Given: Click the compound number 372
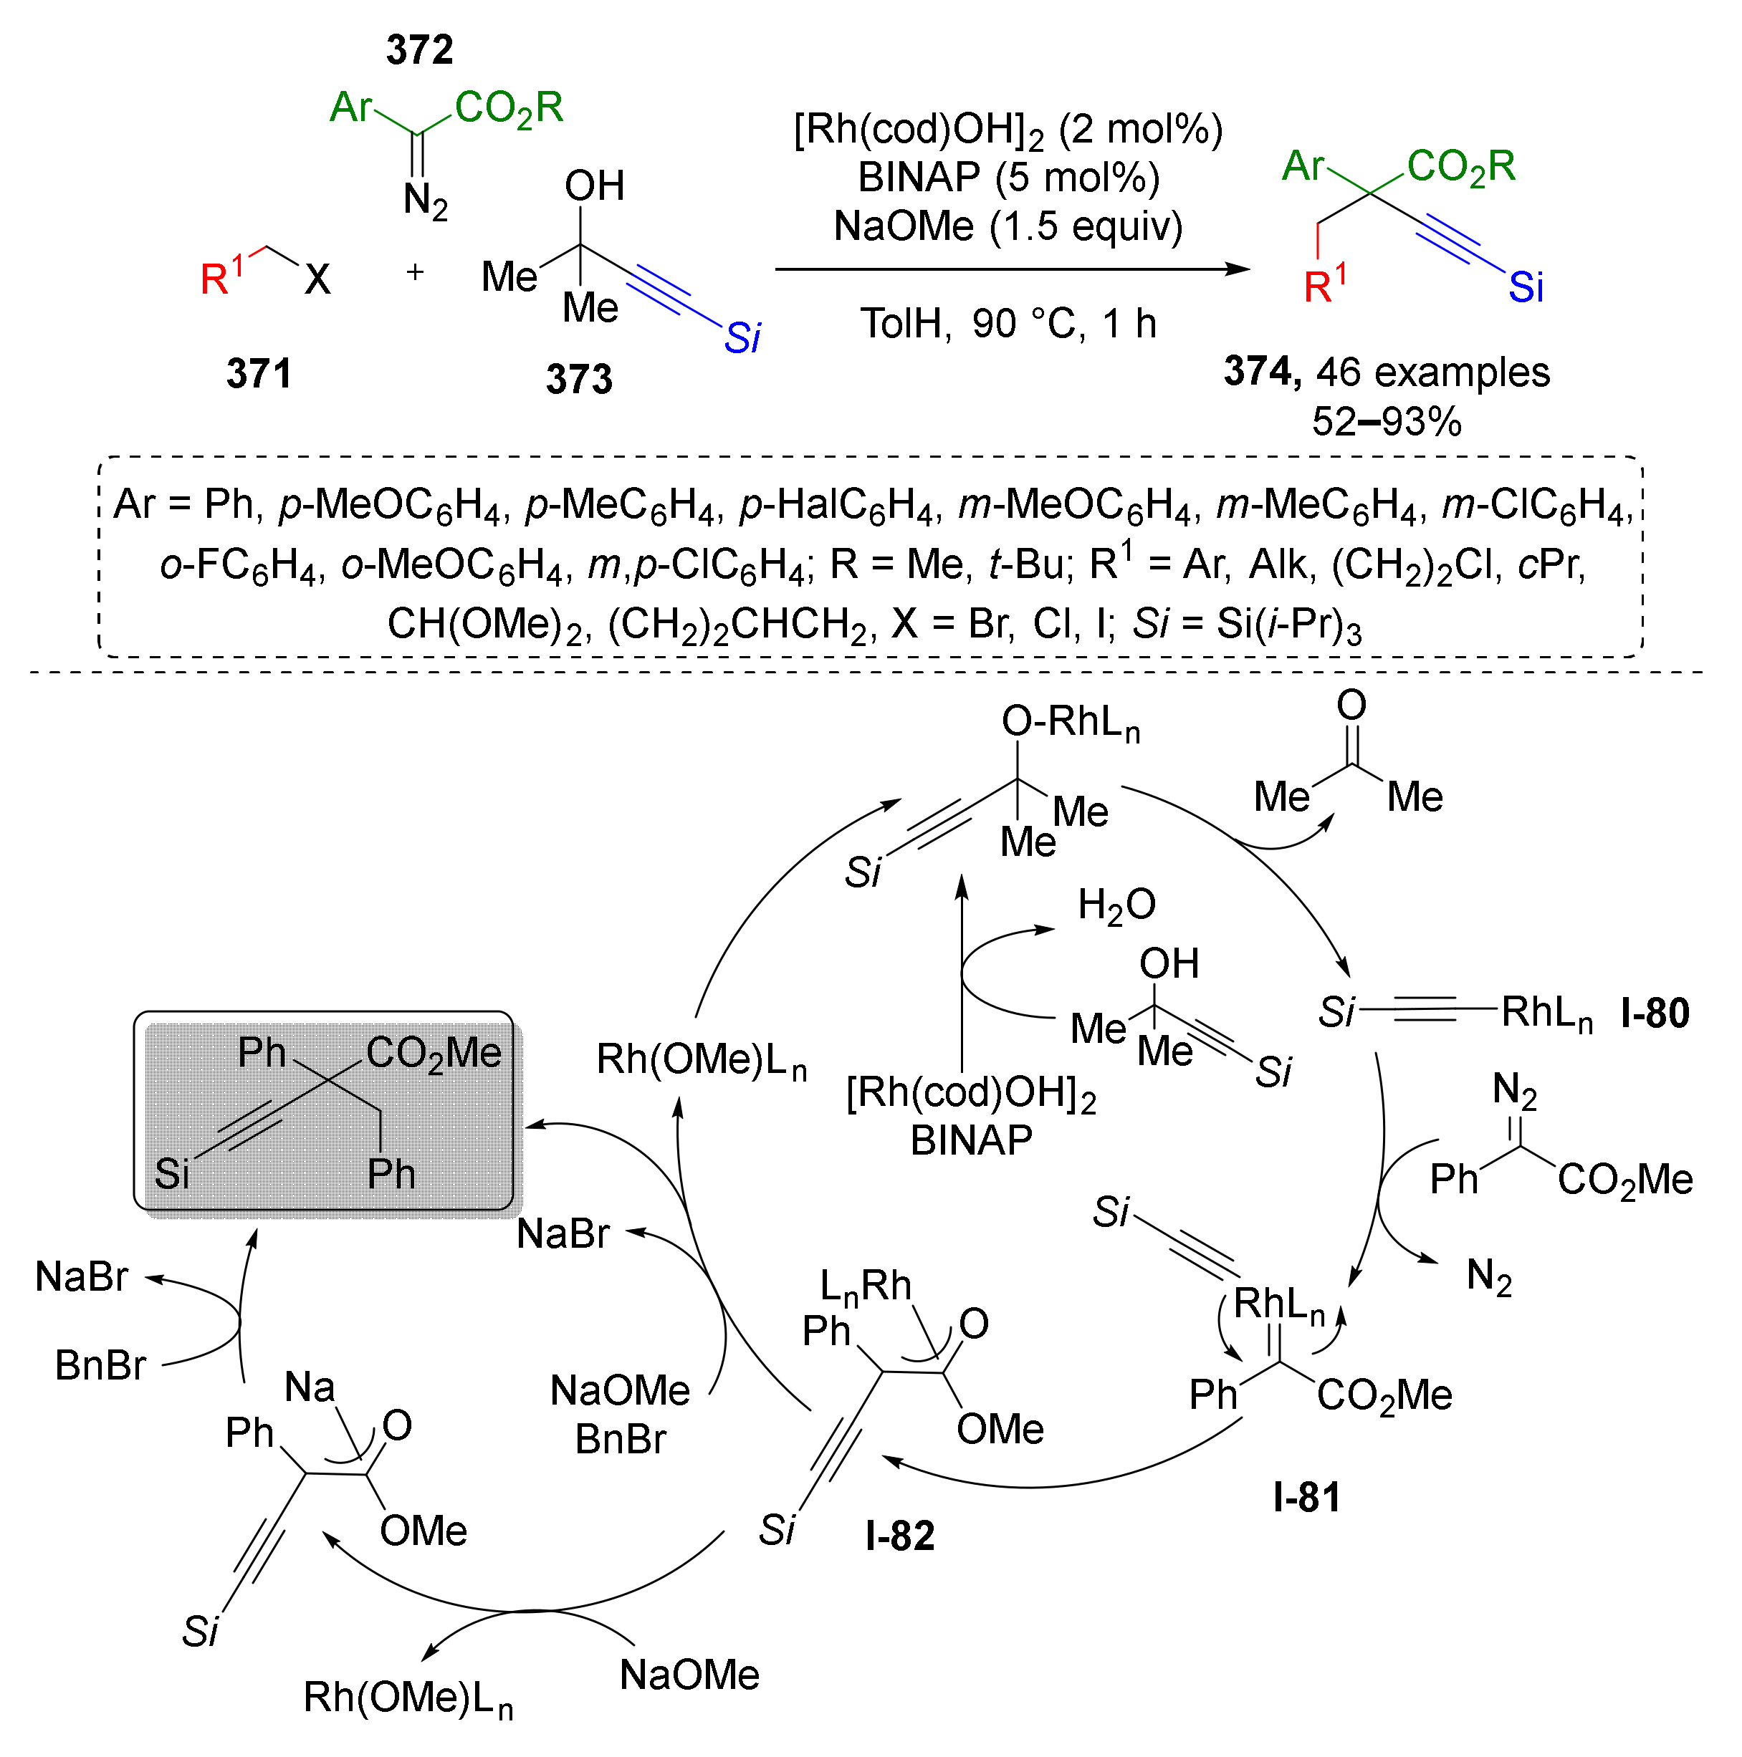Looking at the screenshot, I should (419, 49).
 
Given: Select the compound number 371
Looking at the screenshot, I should (259, 374).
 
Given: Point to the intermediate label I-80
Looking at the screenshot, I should (1655, 1013).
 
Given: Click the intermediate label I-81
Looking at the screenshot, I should (1306, 1497).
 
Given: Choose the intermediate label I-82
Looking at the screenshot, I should (899, 1535).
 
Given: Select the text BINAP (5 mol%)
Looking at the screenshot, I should (1008, 178).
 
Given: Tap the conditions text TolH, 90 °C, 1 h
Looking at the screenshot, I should (1008, 324).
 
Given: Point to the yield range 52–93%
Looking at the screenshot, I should (1387, 422).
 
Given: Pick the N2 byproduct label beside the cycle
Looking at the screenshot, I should (1489, 1277).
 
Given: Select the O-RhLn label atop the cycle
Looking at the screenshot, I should (1070, 722).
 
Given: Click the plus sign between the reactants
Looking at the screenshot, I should (415, 272).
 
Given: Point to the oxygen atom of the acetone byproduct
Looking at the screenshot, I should (1351, 705).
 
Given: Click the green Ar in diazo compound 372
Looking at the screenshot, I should (350, 107).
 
